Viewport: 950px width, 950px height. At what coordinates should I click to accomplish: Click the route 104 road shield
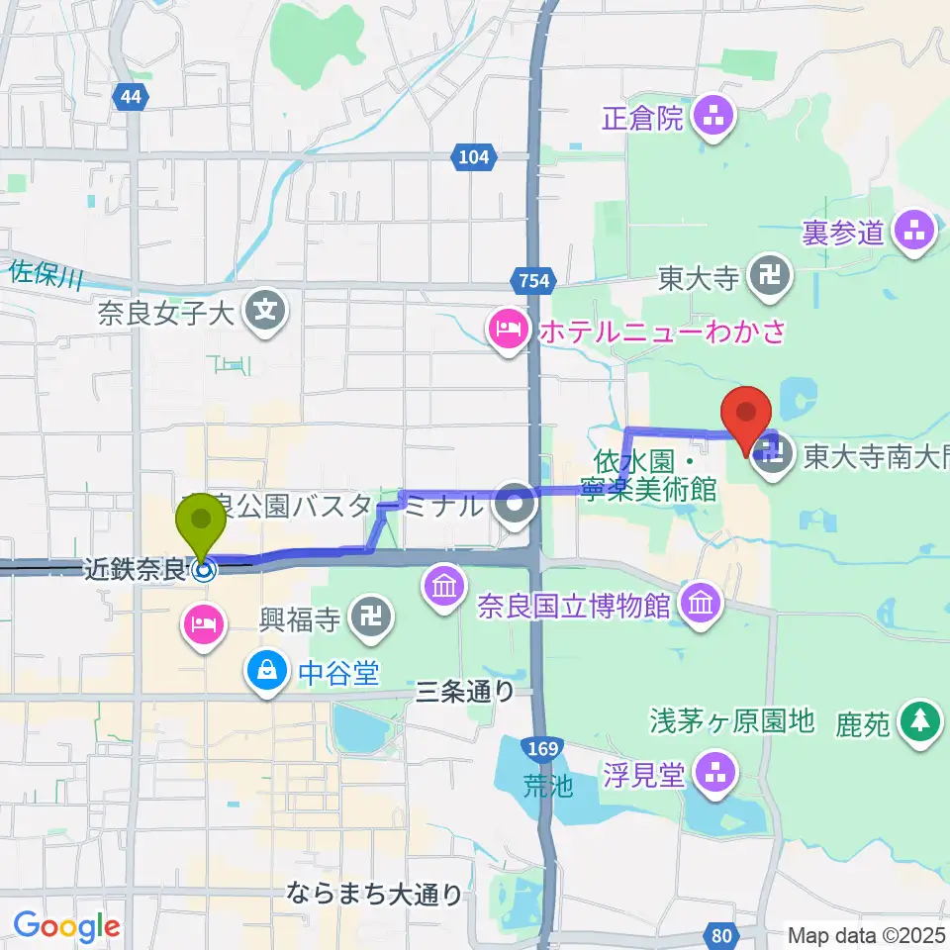pos(475,155)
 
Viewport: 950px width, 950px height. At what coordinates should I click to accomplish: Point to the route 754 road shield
pos(532,281)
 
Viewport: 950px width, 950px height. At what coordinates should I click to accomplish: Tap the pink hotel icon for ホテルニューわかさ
pos(507,329)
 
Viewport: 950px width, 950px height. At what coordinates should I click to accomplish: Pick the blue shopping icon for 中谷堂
pos(266,674)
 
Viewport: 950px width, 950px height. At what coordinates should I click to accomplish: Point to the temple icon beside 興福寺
pos(373,621)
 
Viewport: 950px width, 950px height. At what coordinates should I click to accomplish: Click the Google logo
pos(66,927)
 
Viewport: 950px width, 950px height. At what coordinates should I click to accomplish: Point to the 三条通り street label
pos(463,693)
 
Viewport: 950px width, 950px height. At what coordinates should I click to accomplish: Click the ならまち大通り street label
pos(375,896)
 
